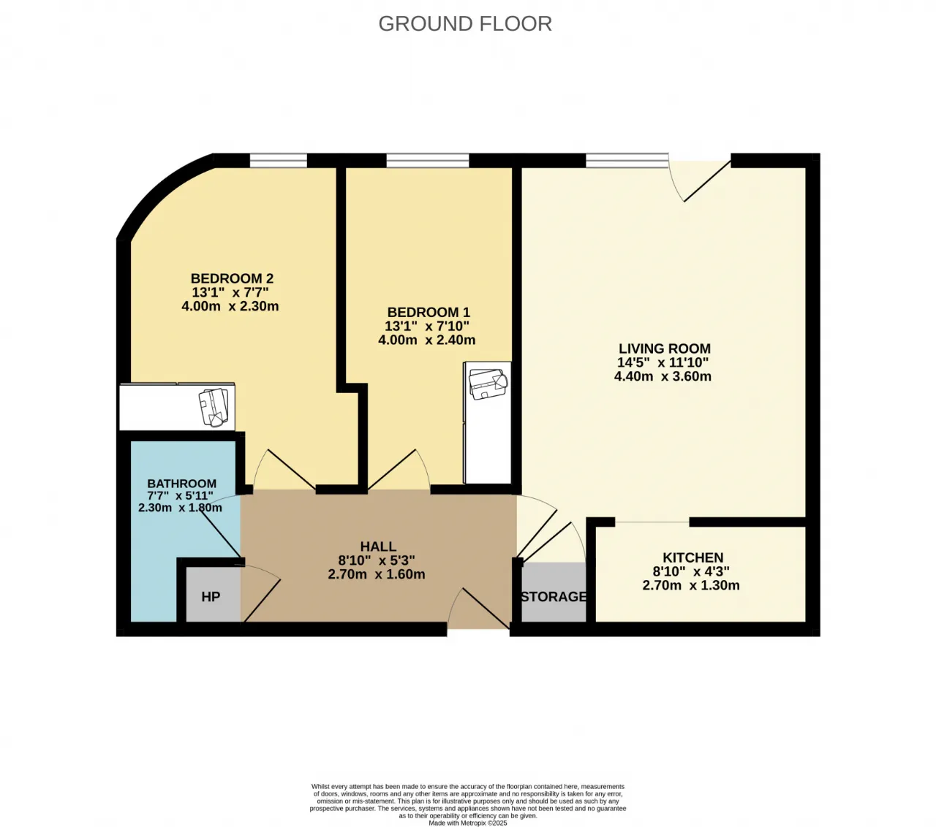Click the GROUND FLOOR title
465,23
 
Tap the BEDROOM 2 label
232,278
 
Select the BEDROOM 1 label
429,312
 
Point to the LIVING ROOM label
665,348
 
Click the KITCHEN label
693,557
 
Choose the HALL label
378,546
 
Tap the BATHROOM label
181,483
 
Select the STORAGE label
554,597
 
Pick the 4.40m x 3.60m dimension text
663,376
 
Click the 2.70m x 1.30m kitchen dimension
691,585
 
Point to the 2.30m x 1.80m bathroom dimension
180,508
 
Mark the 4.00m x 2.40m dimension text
426,340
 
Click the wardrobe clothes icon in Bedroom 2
214,407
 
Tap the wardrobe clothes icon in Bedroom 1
488,384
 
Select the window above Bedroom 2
279,160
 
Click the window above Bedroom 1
428,160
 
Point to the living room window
627,160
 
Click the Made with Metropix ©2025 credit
467,823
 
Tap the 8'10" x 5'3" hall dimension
377,560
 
